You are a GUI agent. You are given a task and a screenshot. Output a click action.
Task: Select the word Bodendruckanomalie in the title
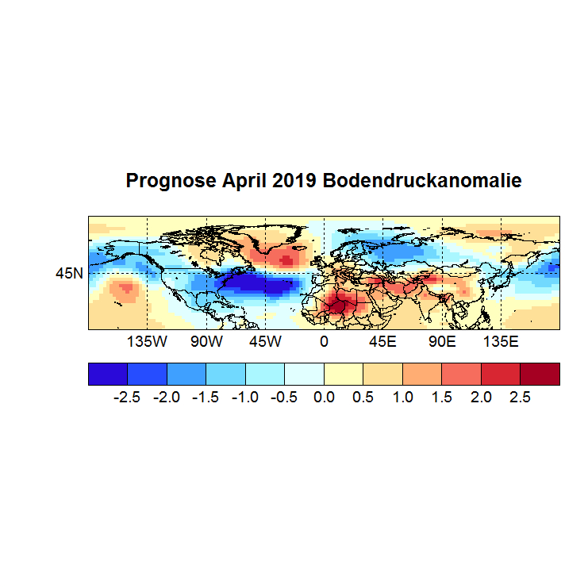coord(421,181)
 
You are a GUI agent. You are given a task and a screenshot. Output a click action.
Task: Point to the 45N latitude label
coord(68,273)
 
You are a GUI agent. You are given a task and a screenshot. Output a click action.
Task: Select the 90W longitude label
coord(206,342)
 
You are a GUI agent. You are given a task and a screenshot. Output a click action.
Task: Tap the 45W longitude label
coord(265,342)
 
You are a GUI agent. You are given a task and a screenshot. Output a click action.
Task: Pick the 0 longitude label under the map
coord(324,342)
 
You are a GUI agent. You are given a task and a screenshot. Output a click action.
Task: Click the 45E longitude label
coord(382,342)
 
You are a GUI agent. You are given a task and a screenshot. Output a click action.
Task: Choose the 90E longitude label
coord(442,342)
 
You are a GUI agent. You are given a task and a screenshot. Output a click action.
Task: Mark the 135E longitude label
coord(501,342)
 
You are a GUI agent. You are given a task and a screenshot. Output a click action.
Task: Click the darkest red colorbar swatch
coord(540,373)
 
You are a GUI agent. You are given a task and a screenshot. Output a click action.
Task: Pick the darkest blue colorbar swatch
coord(108,373)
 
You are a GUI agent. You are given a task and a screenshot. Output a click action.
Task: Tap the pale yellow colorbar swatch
coord(344,373)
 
